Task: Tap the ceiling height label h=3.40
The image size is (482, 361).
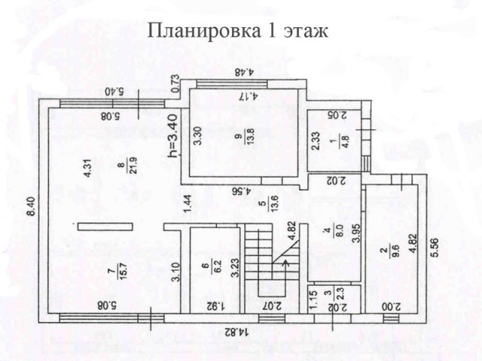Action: pyautogui.click(x=172, y=135)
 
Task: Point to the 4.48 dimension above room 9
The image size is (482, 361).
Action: pyautogui.click(x=246, y=72)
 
